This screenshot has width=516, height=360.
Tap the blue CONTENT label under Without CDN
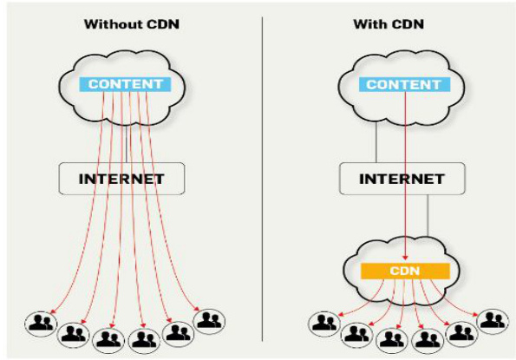tap(127, 84)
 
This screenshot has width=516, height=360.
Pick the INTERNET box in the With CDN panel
tap(402, 179)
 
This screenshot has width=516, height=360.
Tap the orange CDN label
tap(404, 271)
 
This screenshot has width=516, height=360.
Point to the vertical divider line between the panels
tap(263, 173)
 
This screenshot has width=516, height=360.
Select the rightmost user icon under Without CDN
tap(208, 321)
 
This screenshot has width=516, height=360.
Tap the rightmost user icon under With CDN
tap(492, 319)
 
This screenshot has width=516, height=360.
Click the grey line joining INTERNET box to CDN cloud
tap(430, 217)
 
